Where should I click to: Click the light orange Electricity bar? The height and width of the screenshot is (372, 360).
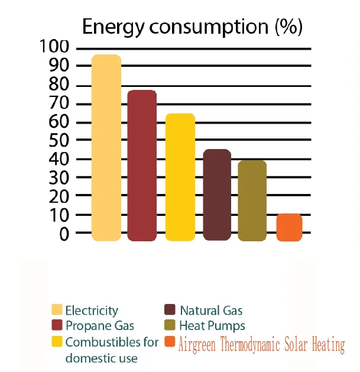[106, 148]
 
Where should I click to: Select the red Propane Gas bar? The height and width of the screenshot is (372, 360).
[142, 166]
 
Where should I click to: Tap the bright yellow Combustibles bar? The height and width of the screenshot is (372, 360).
[180, 177]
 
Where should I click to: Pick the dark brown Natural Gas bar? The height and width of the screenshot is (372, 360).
[217, 195]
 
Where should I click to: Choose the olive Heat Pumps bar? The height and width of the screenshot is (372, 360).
[252, 200]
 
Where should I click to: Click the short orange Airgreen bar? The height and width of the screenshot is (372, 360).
[289, 227]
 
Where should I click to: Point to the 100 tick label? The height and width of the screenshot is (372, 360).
[55, 47]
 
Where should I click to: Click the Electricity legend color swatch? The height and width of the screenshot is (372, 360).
[57, 310]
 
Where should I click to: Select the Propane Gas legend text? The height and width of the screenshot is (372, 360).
[99, 325]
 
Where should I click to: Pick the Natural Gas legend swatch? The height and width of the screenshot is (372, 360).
[170, 310]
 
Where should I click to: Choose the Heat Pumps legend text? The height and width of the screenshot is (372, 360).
[212, 325]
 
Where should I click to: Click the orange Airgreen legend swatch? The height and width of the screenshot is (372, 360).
[170, 342]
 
